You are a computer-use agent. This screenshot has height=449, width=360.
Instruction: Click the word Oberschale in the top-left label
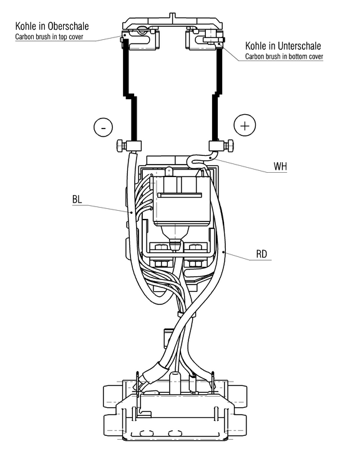68,26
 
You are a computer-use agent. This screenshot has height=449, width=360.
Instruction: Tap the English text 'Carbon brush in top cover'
49,37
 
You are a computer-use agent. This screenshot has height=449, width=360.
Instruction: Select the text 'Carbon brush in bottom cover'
284,56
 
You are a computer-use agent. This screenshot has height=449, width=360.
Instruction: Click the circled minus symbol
103,127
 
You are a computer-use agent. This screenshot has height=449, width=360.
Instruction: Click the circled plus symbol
245,125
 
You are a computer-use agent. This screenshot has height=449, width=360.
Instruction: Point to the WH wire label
280,167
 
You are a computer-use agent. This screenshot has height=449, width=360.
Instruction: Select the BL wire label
77,200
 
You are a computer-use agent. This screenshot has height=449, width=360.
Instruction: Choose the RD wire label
261,254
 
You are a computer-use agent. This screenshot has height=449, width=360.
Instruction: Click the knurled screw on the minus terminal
120,145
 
